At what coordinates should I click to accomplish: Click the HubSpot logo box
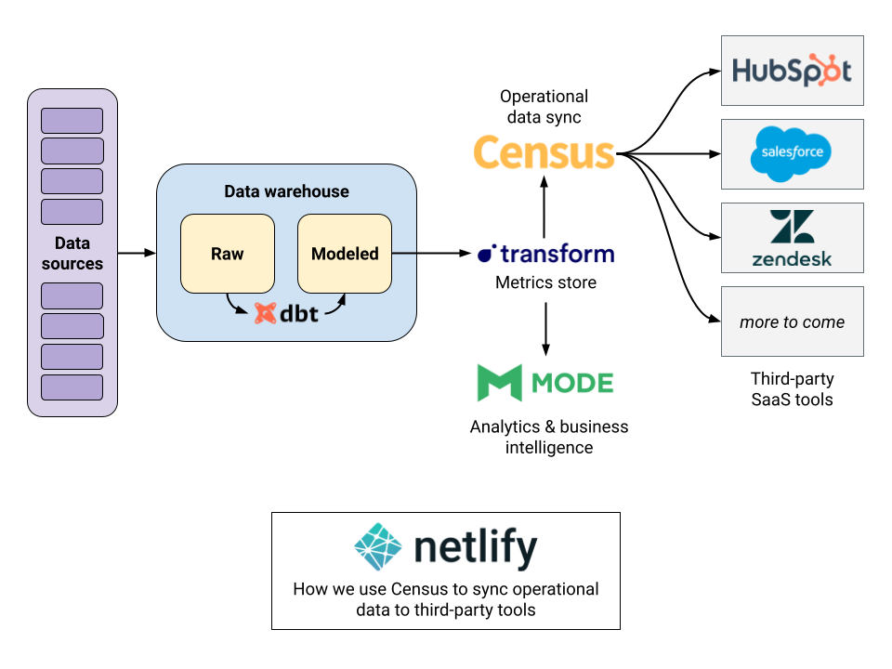point(792,71)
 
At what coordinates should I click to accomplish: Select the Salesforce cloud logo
point(792,153)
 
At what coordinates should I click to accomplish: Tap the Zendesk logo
point(792,238)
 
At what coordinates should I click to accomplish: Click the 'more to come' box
point(792,321)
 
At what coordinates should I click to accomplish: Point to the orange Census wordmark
point(544,152)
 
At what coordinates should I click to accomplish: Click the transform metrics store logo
point(545,254)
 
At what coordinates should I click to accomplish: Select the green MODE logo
point(544,383)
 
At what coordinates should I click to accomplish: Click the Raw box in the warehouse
point(227,254)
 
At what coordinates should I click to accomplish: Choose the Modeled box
point(345,254)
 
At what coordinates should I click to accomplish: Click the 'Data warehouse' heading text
point(286,191)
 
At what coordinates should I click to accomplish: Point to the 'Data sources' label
point(72,253)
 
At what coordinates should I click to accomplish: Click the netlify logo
point(446,547)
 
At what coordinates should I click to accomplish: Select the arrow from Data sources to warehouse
point(137,253)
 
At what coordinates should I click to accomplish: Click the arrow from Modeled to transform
point(431,253)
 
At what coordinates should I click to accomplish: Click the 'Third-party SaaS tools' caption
point(792,389)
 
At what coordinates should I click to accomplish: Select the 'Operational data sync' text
point(544,107)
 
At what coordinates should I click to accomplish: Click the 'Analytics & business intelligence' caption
point(548,437)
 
